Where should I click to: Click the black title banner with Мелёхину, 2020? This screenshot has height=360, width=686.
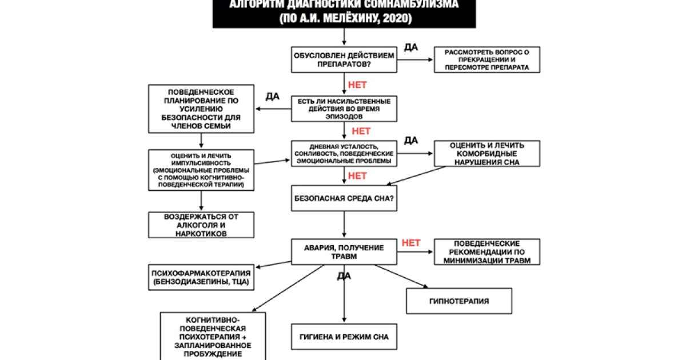[343, 13]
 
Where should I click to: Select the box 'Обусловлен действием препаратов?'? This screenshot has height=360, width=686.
[343, 59]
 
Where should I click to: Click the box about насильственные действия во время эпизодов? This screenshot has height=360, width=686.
[343, 109]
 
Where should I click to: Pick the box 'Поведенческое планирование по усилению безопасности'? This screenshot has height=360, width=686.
[201, 109]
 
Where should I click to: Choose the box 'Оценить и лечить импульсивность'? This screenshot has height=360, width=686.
[201, 170]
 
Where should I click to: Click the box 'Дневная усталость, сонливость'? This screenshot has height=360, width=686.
[343, 154]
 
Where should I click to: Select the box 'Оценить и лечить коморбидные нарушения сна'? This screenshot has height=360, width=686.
[486, 153]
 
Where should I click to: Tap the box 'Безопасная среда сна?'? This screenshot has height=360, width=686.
[343, 199]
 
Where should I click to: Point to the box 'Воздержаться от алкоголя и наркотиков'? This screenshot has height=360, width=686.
[201, 225]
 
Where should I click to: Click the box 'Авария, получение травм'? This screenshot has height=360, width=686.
[343, 252]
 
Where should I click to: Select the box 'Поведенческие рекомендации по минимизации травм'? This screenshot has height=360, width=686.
[486, 252]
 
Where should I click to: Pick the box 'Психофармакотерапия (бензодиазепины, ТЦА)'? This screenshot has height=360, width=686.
[201, 277]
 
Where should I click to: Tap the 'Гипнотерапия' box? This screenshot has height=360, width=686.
[458, 301]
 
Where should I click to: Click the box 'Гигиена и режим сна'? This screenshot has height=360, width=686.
[343, 337]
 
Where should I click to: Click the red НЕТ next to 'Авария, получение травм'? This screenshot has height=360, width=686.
[411, 243]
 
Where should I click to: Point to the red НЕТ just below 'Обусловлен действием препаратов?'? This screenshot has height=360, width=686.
[357, 85]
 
